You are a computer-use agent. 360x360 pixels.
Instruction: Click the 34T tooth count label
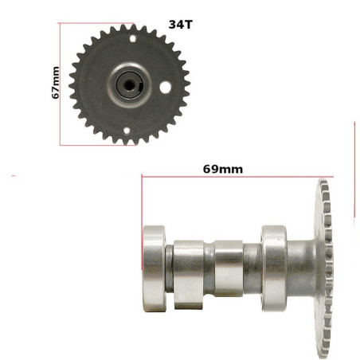coord(180,25)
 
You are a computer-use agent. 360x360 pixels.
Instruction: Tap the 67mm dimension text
coord(56,83)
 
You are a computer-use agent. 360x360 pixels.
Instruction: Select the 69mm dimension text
coord(223,170)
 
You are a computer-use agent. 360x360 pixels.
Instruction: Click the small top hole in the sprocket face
coord(133,39)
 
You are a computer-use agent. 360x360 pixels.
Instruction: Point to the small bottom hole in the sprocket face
coord(127,131)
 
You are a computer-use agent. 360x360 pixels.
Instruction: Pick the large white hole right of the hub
coord(166,88)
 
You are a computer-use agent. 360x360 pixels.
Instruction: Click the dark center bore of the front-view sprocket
coord(129,85)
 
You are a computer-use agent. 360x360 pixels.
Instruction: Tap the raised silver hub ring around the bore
coord(129,85)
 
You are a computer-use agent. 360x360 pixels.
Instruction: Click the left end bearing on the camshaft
coord(155,268)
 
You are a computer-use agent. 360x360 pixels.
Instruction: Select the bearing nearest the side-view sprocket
coord(274,268)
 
